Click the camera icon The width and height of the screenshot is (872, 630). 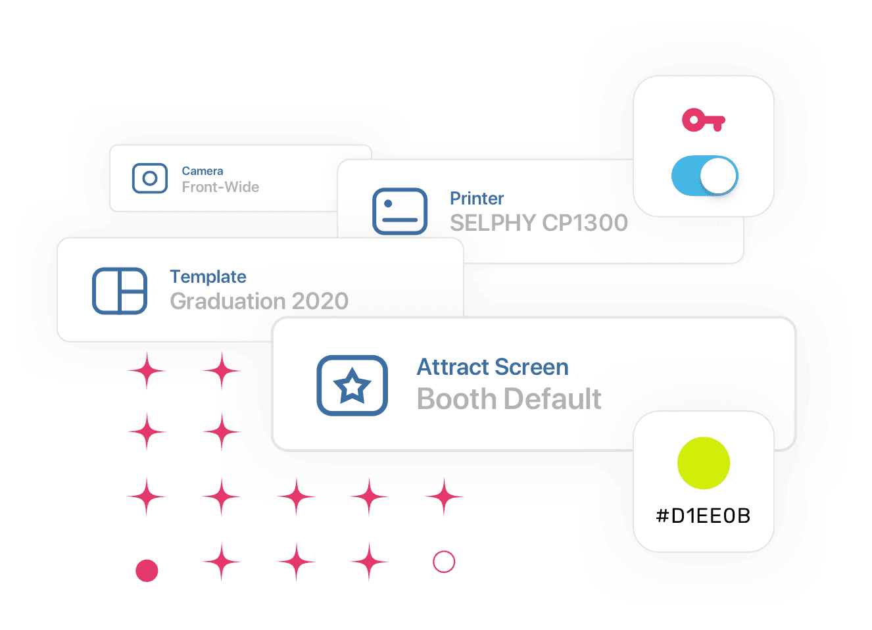150,178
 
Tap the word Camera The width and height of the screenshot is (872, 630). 203,171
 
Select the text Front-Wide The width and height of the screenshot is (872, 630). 220,187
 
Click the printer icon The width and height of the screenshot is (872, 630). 400,211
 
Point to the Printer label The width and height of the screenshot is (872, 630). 477,199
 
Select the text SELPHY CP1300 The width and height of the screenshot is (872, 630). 539,223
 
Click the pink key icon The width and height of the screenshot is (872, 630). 703,120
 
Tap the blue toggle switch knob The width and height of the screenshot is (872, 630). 717,176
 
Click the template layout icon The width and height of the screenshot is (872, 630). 120,291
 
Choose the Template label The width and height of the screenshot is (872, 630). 208,277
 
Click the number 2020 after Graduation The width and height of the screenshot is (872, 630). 320,301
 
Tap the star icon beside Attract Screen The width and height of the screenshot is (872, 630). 352,385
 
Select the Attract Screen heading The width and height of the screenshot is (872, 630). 493,367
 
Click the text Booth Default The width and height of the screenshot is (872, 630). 509,399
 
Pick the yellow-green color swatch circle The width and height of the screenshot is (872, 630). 704,463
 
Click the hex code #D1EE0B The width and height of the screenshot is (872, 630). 703,516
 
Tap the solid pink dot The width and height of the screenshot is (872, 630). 147,571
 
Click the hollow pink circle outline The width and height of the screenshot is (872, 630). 444,562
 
